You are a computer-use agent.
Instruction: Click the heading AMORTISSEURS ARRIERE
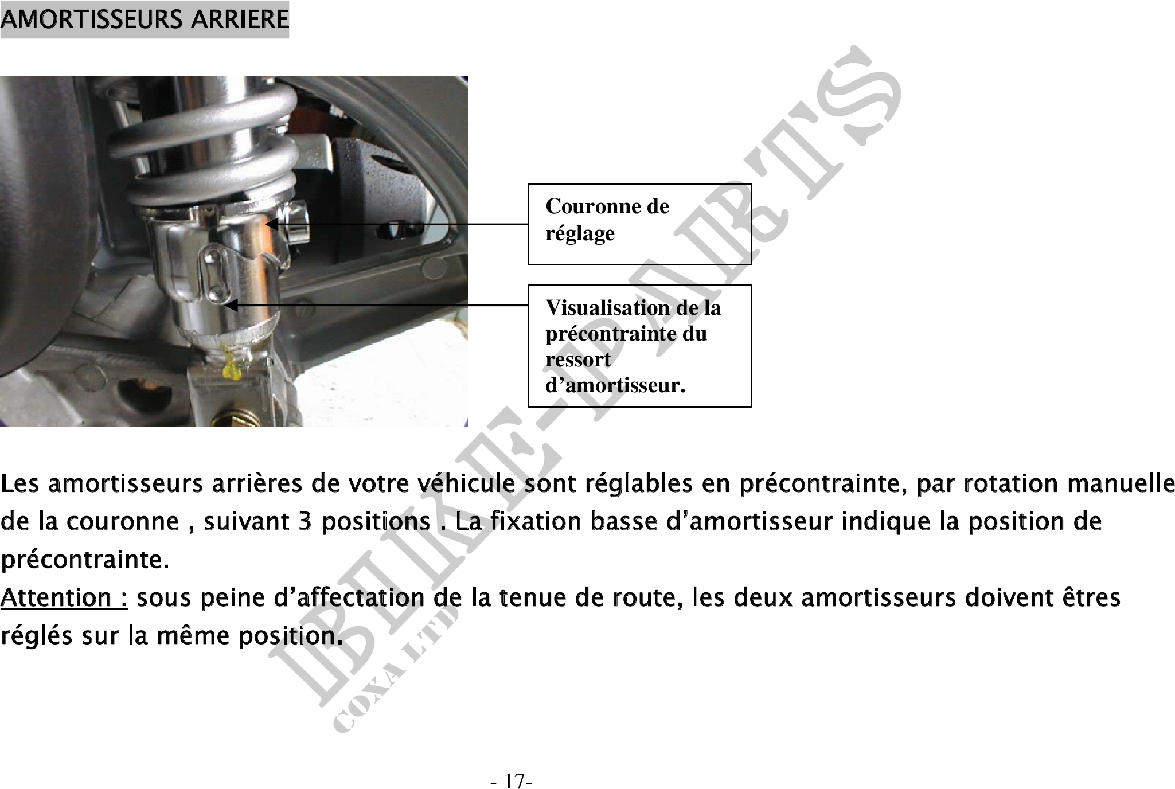[145, 19]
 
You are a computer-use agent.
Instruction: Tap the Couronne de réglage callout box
[639, 224]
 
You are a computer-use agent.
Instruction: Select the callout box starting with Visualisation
[639, 346]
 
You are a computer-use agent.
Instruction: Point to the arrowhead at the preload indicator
[231, 306]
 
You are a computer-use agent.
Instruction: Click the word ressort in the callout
[578, 360]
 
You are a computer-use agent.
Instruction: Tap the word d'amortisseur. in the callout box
[615, 385]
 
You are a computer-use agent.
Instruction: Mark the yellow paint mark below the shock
[230, 365]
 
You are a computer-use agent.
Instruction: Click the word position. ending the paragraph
[291, 636]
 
